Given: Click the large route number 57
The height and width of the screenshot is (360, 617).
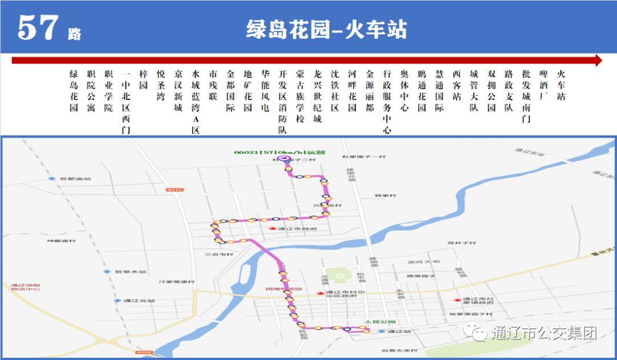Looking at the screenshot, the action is [38, 27].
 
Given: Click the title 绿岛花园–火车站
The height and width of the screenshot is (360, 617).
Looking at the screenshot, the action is [326, 29].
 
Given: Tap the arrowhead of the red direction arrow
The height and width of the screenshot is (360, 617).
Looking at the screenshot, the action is [598, 61].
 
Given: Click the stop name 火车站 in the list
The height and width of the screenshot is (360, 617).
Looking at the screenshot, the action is [561, 85].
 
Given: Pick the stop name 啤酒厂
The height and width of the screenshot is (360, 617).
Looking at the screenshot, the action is [544, 85].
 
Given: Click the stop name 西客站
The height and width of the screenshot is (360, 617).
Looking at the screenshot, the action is [456, 85].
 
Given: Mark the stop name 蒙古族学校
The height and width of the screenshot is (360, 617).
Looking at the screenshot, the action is [300, 96].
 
